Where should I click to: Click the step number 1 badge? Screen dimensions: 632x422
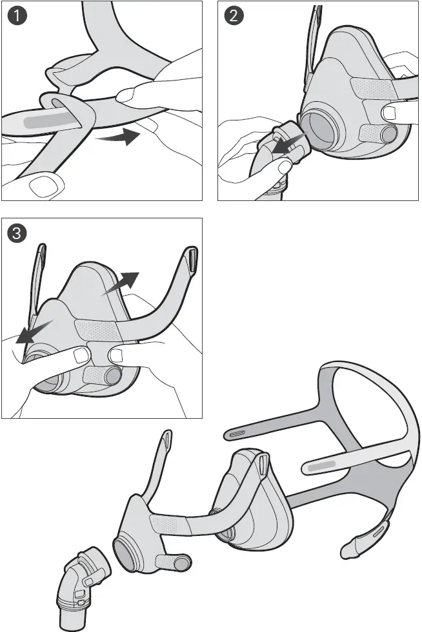tap(17, 17)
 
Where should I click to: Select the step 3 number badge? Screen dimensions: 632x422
tap(17, 234)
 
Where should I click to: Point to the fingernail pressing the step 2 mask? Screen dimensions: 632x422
tap(390, 113)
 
